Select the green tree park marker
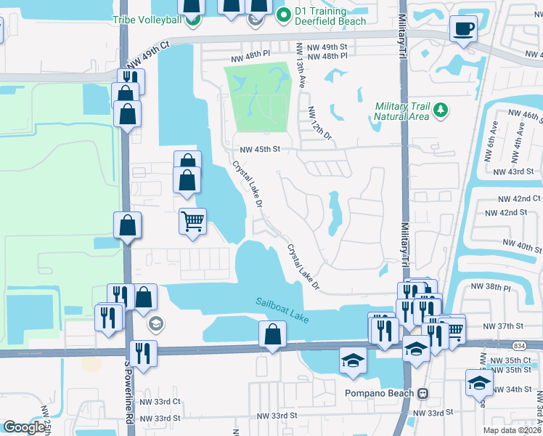coord(440,110)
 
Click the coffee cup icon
coord(463,29)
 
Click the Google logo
coord(24,427)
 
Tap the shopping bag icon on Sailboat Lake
coord(272,335)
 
